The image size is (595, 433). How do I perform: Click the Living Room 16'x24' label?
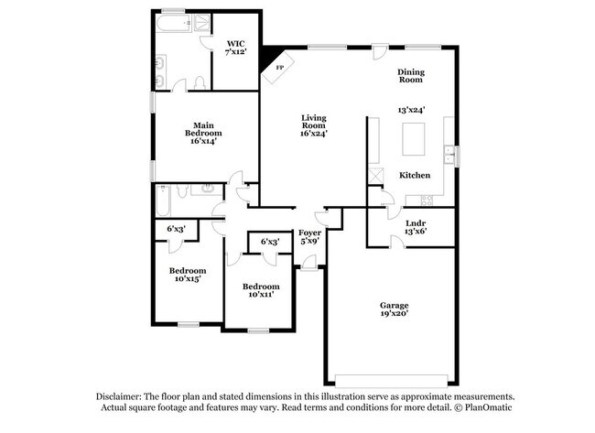(x=314, y=125)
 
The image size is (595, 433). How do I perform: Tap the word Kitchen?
(x=415, y=174)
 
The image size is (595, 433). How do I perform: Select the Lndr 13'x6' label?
(x=415, y=227)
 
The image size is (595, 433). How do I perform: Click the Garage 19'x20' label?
(x=395, y=309)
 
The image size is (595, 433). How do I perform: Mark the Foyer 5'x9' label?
(x=309, y=238)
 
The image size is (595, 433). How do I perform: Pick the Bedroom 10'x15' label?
(x=187, y=275)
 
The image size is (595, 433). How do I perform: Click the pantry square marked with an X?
(x=375, y=175)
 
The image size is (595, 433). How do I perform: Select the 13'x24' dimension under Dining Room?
(x=411, y=109)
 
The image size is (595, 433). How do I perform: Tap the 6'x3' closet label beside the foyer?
(x=269, y=242)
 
